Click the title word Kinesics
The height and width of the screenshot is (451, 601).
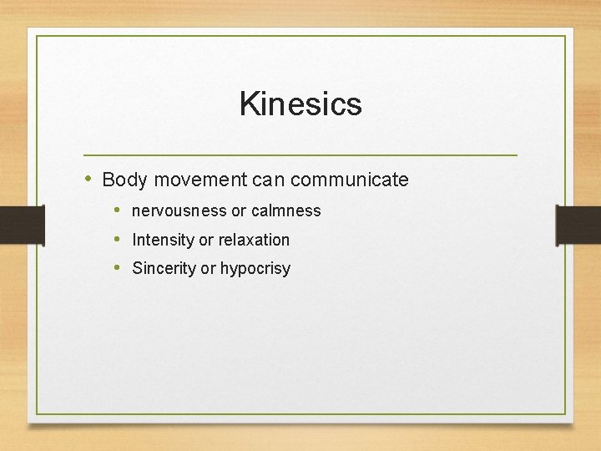click(x=300, y=104)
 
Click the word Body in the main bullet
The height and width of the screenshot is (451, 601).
click(x=123, y=180)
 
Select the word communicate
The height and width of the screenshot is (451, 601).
click(x=350, y=180)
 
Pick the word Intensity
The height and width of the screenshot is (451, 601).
click(x=163, y=241)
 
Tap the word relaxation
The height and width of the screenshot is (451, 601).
click(x=254, y=241)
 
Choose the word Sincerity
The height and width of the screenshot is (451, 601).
click(x=164, y=269)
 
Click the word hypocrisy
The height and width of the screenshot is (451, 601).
click(x=255, y=269)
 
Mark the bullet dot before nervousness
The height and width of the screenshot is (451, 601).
click(x=118, y=210)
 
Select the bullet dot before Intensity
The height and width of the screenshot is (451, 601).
click(x=118, y=240)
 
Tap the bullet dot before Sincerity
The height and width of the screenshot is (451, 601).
click(x=118, y=268)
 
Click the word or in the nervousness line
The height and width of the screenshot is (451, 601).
click(x=239, y=211)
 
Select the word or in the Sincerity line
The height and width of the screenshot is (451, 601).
click(x=208, y=269)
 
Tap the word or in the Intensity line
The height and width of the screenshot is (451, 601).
click(x=206, y=241)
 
